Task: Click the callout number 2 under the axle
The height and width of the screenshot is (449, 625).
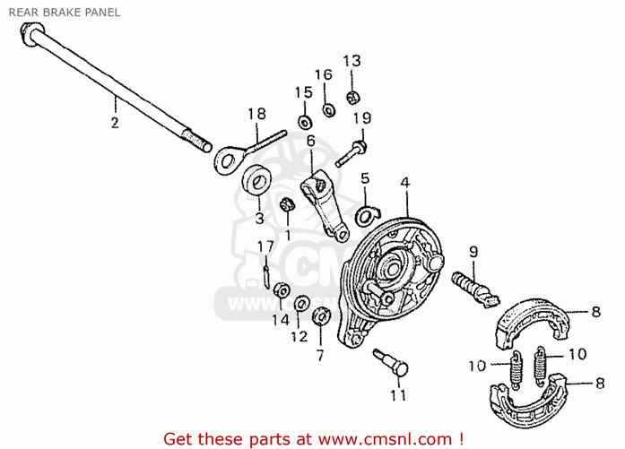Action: (115, 122)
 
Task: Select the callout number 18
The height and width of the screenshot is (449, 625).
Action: (256, 114)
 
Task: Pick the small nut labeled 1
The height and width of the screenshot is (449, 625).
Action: (287, 204)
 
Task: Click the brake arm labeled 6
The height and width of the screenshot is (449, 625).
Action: (325, 205)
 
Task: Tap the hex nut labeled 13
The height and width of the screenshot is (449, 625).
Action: (353, 97)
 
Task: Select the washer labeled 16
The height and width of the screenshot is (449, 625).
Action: (328, 109)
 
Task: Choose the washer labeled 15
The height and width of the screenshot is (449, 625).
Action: (305, 122)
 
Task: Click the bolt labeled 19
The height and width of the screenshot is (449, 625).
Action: (352, 153)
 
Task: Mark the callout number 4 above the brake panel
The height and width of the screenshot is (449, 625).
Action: (405, 183)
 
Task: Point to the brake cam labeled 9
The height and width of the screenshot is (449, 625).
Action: (475, 289)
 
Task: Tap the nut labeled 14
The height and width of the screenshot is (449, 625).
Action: (282, 290)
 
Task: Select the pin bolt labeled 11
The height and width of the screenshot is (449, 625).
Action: (391, 362)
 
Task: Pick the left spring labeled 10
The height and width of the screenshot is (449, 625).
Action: (516, 369)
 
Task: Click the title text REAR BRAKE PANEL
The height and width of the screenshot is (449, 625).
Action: (65, 13)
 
